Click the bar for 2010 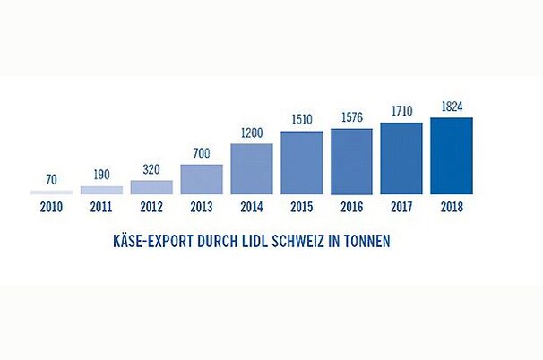pos(51,193)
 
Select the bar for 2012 pos(151,187)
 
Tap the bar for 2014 pos(252,169)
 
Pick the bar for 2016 pos(351,161)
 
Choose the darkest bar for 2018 pos(452,156)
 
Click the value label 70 pos(51,179)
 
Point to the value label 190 pos(101,175)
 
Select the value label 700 pos(202,153)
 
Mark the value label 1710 pos(401,112)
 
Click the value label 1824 pos(452,107)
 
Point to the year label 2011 pos(101,207)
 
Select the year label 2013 pos(202,207)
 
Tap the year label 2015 pos(302,207)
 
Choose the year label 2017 pos(401,207)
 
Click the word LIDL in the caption pos(261,241)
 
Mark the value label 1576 pos(351,118)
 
